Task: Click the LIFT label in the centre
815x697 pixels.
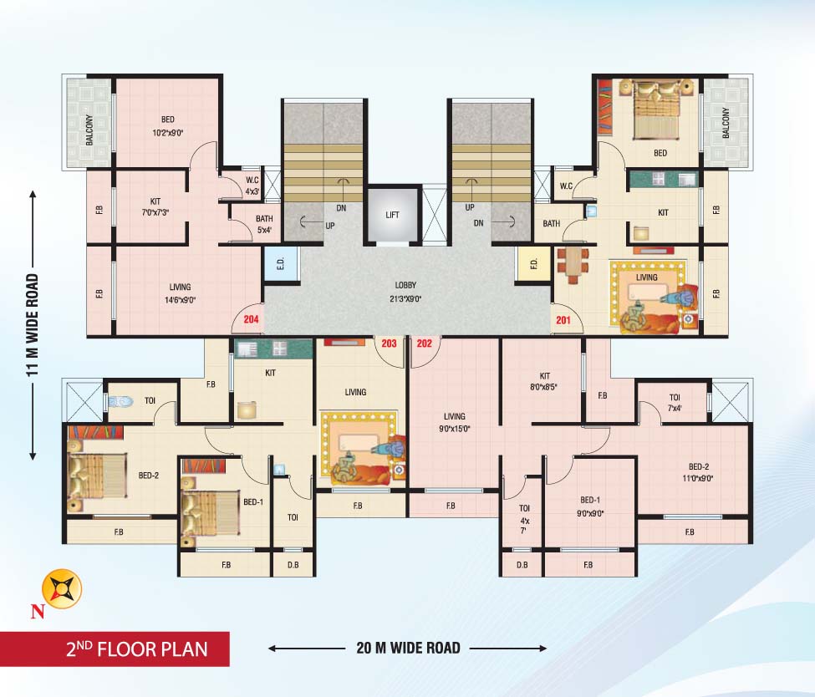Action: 392,215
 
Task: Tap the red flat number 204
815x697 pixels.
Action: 250,318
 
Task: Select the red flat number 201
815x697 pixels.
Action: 562,319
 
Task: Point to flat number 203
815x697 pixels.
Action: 389,343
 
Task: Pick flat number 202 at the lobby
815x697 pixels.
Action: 424,343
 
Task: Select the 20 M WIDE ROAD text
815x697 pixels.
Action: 406,648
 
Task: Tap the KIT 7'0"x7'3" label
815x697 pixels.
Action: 155,206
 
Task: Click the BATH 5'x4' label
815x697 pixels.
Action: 242,225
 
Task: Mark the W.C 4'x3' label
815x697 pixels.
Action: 252,185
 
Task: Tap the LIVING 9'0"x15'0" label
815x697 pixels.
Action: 456,422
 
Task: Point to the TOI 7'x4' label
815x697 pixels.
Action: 675,402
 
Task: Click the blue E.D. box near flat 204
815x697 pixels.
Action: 281,264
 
